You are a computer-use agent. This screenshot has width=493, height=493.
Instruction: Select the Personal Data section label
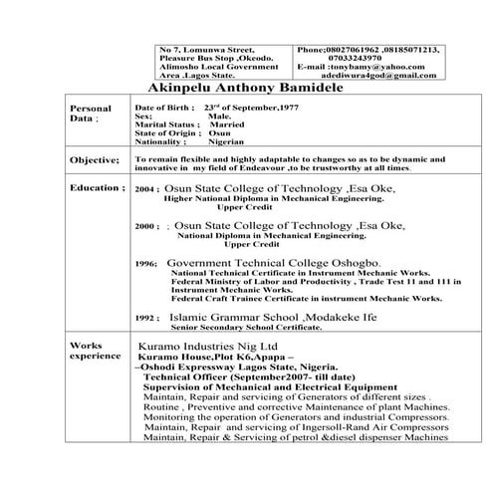point(86,113)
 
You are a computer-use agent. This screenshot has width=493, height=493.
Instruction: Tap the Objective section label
point(95,160)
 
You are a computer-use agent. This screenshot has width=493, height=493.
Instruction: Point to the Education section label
point(97,188)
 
